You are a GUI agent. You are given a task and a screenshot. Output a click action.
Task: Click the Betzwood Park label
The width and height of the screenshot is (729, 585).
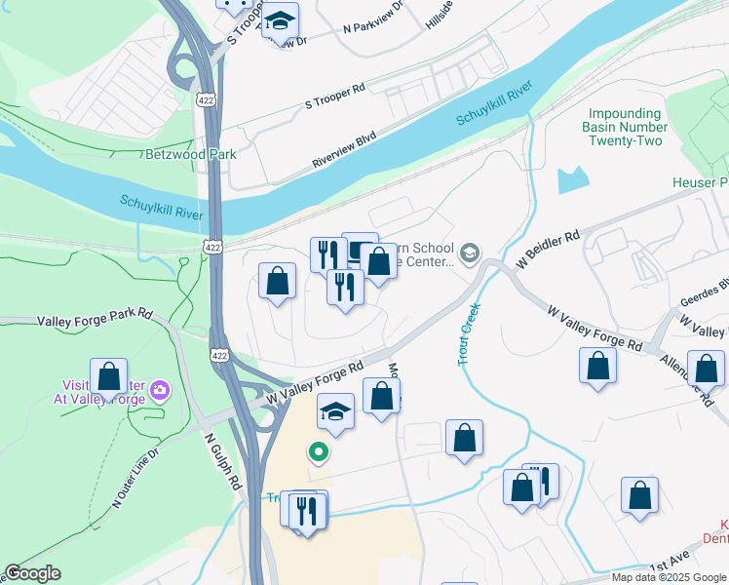click(x=190, y=154)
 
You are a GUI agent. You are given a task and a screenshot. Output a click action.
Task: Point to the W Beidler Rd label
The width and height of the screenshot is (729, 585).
click(x=548, y=250)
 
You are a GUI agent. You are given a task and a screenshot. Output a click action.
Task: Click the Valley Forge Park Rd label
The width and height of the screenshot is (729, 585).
click(x=96, y=316)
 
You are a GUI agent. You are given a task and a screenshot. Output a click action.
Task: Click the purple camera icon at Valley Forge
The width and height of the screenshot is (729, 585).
click(x=159, y=391)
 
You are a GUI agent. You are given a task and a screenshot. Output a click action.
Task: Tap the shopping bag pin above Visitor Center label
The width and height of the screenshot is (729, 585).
click(x=108, y=375)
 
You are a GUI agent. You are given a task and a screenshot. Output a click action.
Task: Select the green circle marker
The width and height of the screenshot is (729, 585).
click(x=317, y=451)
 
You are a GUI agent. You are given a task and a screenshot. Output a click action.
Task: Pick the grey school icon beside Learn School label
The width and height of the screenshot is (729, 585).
click(x=470, y=253)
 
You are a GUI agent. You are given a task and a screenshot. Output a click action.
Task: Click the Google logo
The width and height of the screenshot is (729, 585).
click(x=34, y=573)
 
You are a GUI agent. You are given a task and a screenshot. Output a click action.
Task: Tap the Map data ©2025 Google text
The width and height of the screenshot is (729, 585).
click(x=668, y=577)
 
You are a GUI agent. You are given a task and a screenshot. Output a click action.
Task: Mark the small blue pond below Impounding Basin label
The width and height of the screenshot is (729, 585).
click(x=573, y=179)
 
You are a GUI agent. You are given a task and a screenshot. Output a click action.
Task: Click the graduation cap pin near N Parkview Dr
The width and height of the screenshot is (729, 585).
click(x=280, y=21)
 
